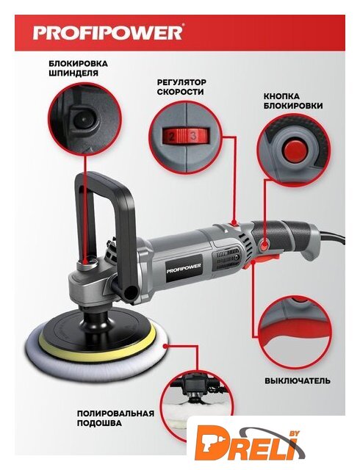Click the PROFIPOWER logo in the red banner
(107, 32)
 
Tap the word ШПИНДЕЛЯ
(73, 73)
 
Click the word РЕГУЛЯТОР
(181, 82)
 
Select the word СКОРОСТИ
(180, 92)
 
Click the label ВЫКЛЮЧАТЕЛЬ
(298, 381)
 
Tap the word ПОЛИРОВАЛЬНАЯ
(116, 413)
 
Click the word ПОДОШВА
(100, 423)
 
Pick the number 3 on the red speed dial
(193, 137)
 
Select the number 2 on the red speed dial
(172, 137)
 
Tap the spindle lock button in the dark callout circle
(83, 120)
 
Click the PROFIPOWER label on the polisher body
(184, 266)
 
